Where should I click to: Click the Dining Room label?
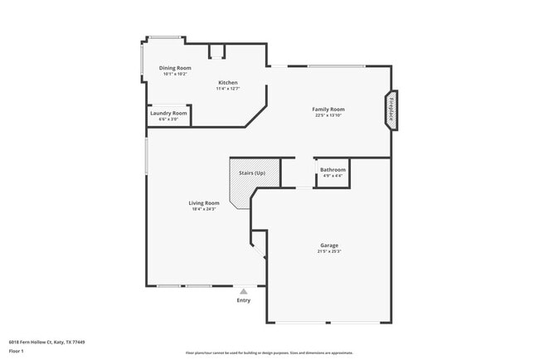(175, 68)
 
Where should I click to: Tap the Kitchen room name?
(228, 83)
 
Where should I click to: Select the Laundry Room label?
(168, 113)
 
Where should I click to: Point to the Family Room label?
(328, 109)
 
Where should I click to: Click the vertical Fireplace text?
(391, 109)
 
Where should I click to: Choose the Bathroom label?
(333, 169)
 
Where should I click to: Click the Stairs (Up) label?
(251, 173)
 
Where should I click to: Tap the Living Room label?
(204, 203)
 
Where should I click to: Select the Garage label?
(329, 246)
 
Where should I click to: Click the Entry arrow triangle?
(244, 291)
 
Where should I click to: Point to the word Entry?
(244, 300)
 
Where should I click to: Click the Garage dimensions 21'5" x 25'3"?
(329, 252)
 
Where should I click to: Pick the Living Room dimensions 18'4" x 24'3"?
(204, 209)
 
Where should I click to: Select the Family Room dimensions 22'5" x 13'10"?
(328, 115)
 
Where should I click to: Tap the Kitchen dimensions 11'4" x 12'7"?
(228, 89)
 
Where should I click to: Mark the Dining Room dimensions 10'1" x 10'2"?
(175, 74)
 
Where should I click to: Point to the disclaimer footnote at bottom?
(269, 353)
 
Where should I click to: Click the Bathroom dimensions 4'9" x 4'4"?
(333, 175)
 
